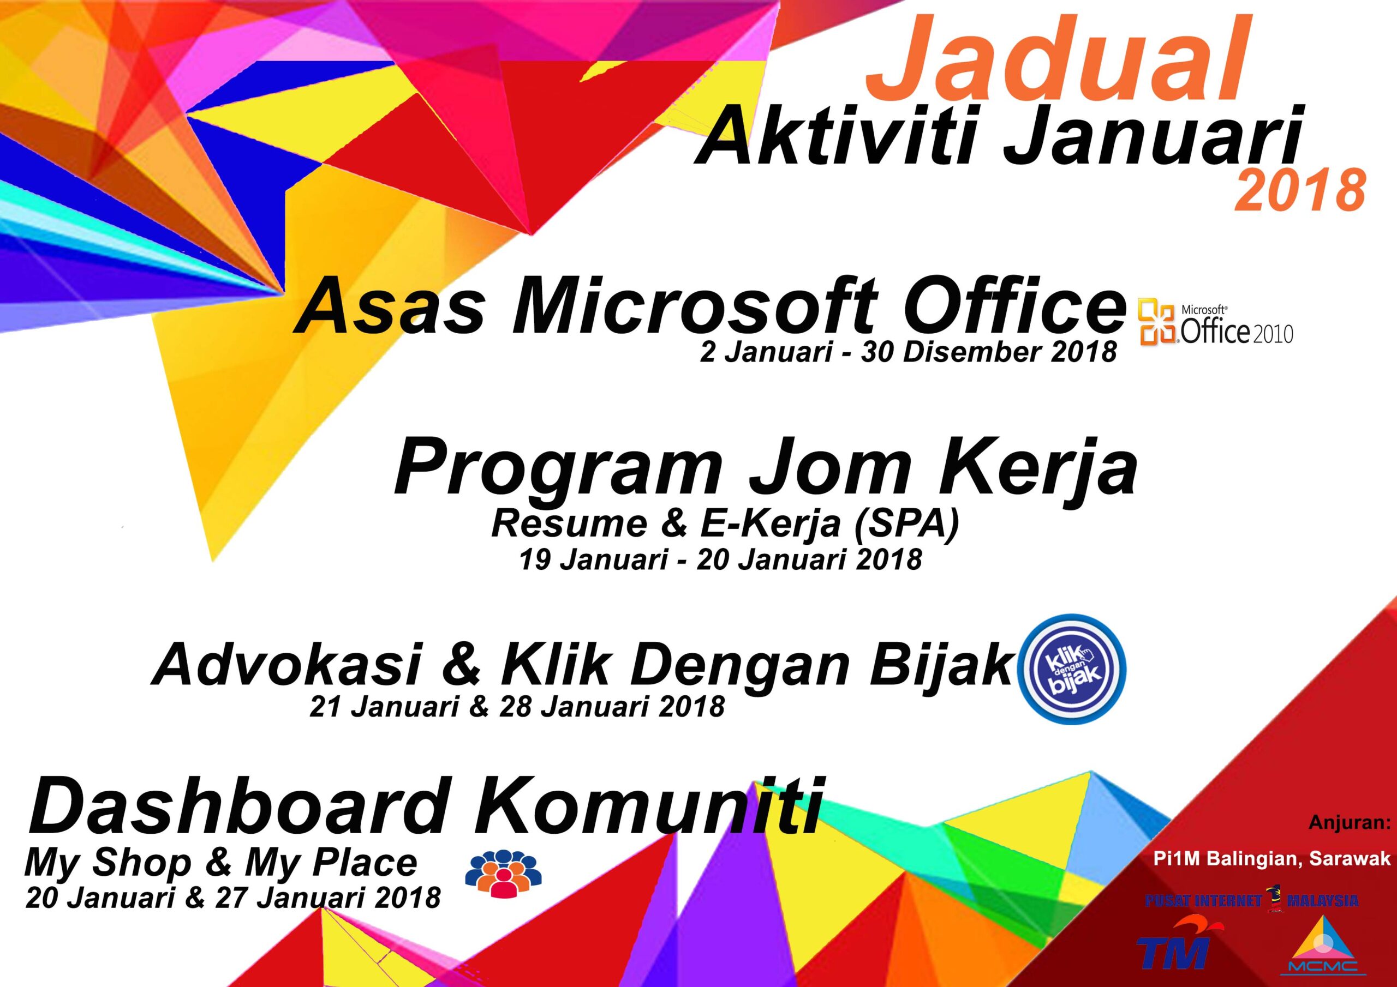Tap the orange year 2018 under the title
(1299, 192)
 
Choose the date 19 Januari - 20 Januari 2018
(720, 560)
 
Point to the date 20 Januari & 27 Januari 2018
(233, 898)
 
